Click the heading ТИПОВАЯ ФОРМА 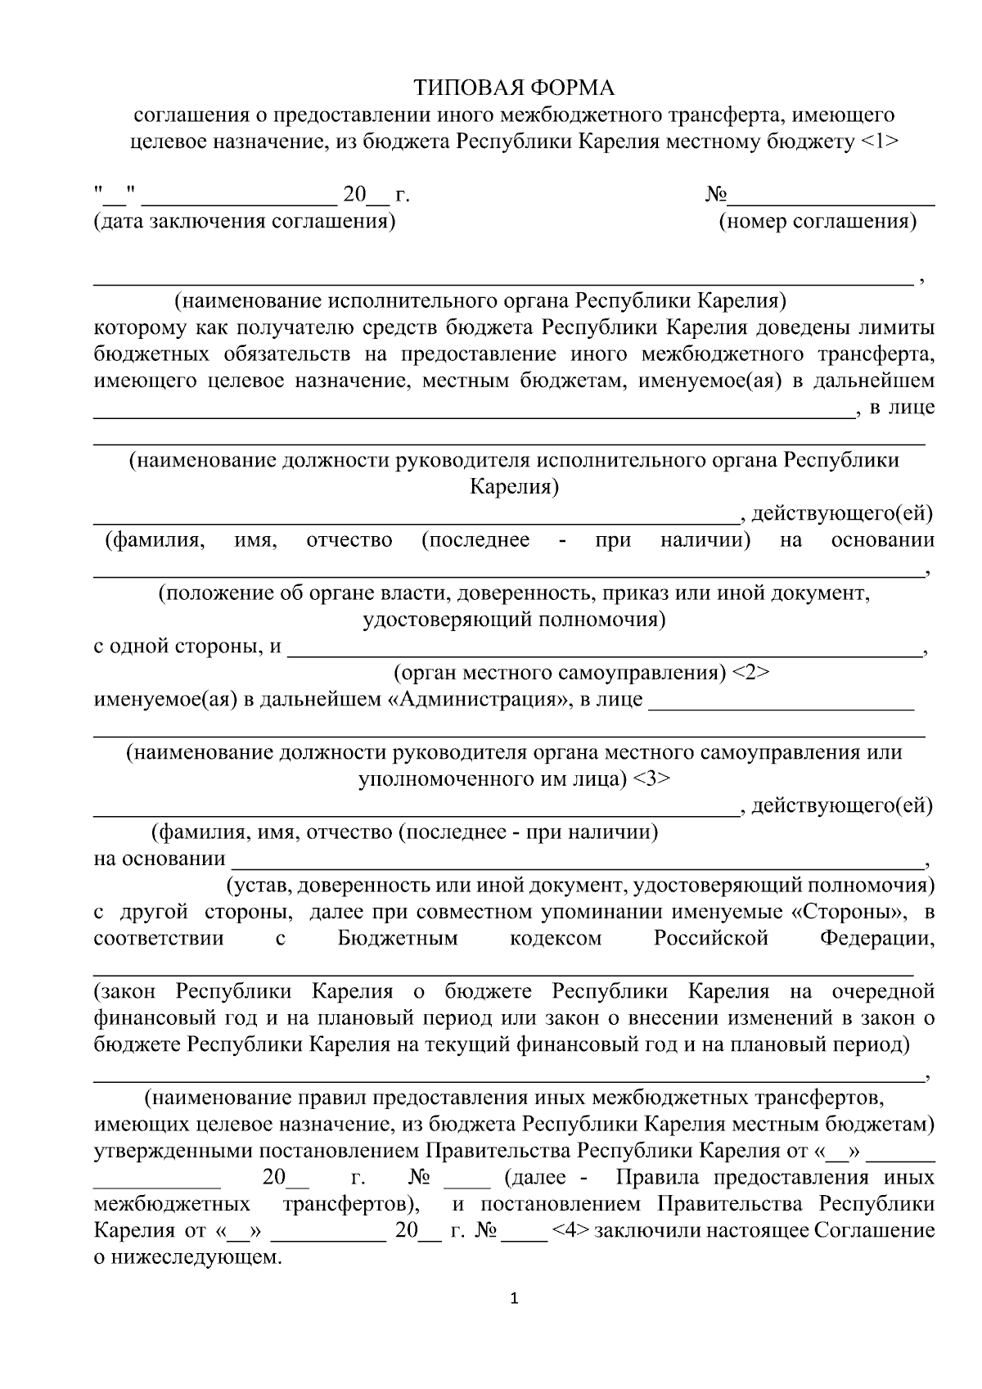[513, 88]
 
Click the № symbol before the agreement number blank [716, 196]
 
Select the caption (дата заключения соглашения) [245, 222]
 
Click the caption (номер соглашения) [818, 222]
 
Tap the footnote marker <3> [651, 778]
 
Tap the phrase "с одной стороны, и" [187, 647]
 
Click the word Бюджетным [398, 939]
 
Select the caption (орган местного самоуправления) [560, 673]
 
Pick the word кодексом [556, 939]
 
